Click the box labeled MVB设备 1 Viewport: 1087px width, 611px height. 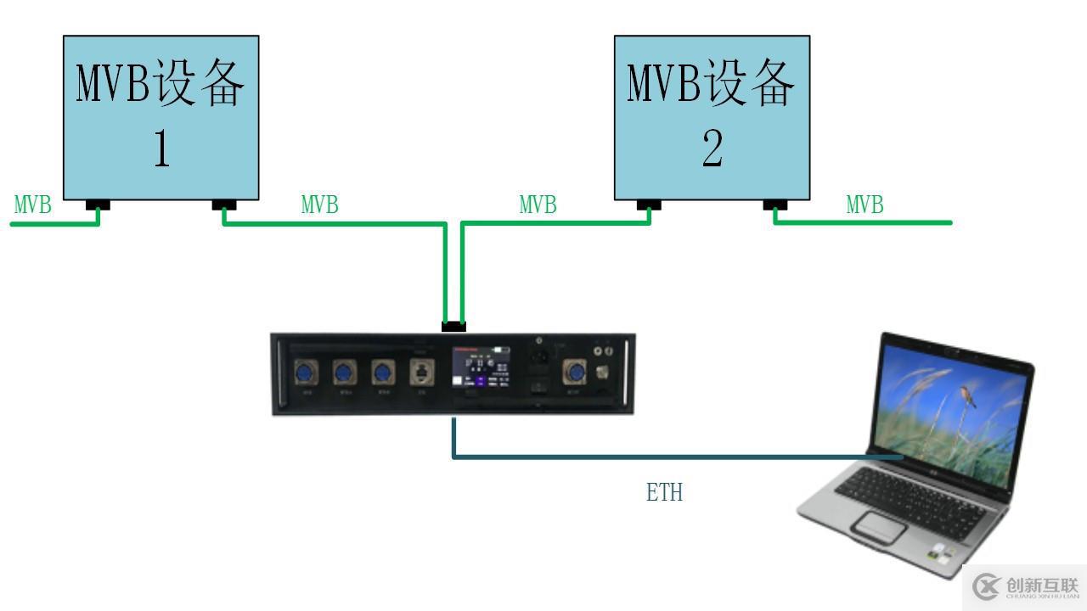click(161, 117)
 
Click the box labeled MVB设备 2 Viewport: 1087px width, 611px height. click(712, 117)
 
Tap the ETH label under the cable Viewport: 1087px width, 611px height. click(664, 492)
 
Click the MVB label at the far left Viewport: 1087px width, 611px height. click(33, 205)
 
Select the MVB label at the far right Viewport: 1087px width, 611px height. click(865, 205)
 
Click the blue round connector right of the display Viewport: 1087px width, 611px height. click(575, 372)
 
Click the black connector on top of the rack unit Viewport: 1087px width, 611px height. click(453, 326)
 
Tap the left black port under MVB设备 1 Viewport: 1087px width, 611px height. click(99, 205)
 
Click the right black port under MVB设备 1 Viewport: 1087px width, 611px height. click(224, 205)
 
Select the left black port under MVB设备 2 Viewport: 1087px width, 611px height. click(649, 205)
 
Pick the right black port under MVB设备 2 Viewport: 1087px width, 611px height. click(774, 205)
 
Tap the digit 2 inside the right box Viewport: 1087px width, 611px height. click(712, 149)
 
